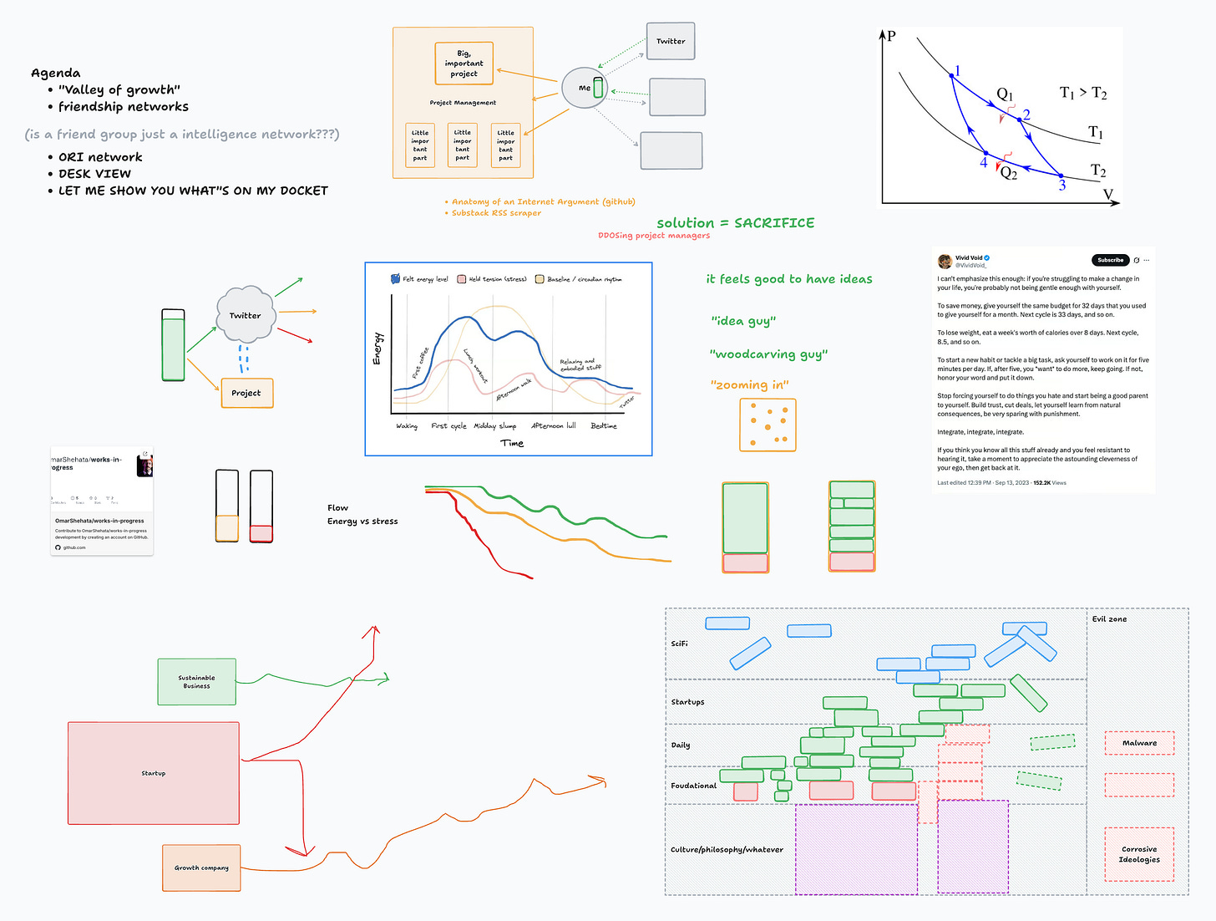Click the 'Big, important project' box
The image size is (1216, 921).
coord(464,64)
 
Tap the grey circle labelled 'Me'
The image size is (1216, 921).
coord(584,88)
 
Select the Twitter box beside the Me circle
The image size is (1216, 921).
coord(670,41)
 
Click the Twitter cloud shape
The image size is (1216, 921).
coord(245,315)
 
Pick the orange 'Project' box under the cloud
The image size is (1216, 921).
coord(246,393)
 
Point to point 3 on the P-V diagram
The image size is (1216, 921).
coord(1061,176)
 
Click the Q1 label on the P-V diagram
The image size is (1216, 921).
coord(1005,94)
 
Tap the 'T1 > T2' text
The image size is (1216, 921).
coord(1082,93)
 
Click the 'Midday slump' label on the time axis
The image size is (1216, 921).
coord(494,426)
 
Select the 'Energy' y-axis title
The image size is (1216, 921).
coord(377,349)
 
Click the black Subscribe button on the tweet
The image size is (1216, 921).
coord(1110,260)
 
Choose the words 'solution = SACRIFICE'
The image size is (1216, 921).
coord(735,223)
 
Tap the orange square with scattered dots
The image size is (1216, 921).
coord(768,425)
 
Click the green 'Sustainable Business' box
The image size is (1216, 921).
coord(197,682)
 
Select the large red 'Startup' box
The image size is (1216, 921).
coord(154,773)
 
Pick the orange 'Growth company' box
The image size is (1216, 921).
coord(201,868)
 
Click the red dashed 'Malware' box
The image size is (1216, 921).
coord(1139,743)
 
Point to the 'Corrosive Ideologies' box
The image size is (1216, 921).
coord(1139,854)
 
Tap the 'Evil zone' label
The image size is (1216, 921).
coord(1109,619)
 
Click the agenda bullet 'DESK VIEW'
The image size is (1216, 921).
coord(94,174)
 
